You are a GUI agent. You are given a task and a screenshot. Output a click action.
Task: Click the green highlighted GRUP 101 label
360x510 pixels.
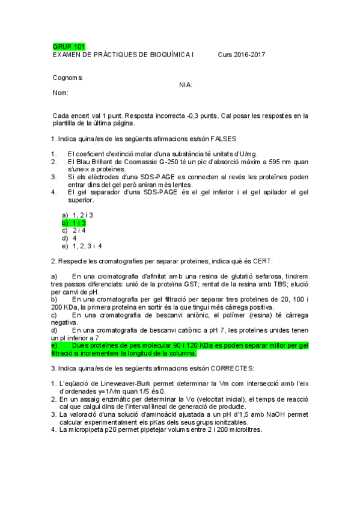click(x=69, y=46)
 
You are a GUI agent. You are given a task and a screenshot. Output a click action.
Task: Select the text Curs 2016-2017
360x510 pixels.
click(x=242, y=55)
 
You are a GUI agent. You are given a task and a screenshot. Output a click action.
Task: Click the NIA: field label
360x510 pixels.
click(x=186, y=85)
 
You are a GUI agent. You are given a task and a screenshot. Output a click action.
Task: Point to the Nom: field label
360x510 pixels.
click(x=61, y=93)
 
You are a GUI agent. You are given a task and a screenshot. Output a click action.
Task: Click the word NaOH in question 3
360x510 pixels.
click(x=278, y=414)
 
